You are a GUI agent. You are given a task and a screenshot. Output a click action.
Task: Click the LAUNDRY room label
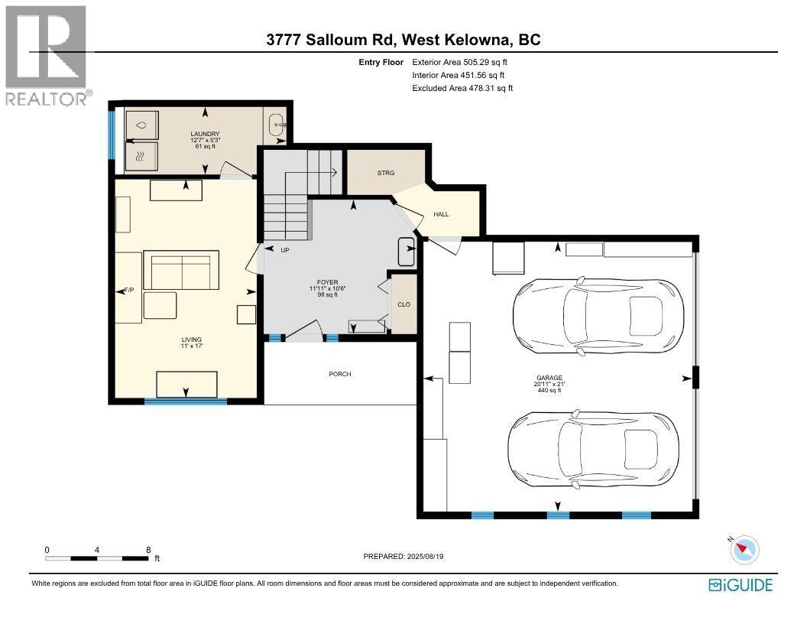tap(205, 135)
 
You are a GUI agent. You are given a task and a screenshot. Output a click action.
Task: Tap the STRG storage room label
tap(386, 173)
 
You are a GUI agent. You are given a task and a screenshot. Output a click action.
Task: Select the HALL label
tap(441, 214)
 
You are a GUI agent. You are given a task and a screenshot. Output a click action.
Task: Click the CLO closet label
tap(403, 304)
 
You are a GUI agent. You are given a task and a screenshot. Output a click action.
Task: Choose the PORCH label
tap(340, 374)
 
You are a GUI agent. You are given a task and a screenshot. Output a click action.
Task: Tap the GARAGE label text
tap(549, 378)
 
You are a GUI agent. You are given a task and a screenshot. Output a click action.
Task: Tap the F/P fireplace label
tap(129, 291)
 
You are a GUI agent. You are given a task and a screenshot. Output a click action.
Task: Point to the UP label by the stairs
tap(285, 250)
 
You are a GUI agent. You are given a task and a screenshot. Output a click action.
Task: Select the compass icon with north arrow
tap(744, 548)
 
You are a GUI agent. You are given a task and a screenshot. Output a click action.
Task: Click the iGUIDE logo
tap(740, 585)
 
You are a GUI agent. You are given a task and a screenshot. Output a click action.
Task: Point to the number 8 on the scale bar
tap(148, 550)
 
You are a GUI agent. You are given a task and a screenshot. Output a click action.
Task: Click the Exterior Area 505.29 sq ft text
tap(459, 62)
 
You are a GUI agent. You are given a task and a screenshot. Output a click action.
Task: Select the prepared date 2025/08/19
tap(403, 557)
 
